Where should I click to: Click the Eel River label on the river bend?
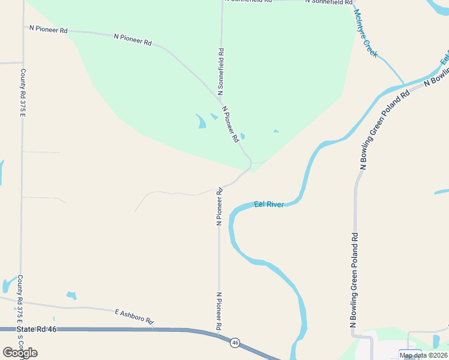pos(269,205)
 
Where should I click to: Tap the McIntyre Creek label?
pos(366,34)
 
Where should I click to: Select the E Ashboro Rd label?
pos(134,317)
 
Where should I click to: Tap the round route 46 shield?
pos(235,343)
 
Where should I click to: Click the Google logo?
pos(20,353)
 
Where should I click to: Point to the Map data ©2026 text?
pos(423,355)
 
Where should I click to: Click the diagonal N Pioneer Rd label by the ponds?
pos(231,124)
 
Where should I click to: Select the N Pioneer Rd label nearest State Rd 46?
pos(219,310)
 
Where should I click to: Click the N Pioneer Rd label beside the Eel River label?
pos(219,206)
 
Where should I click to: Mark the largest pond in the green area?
pos(200,121)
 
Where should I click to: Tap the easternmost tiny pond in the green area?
pos(276,131)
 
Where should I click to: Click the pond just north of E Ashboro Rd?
pos(71,295)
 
